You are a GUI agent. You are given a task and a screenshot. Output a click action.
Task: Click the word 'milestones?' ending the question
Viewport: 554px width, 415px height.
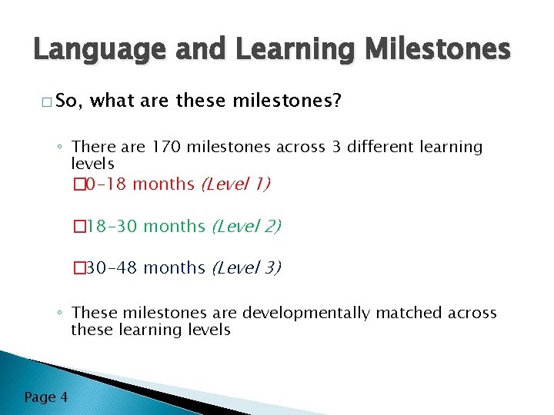click(298, 101)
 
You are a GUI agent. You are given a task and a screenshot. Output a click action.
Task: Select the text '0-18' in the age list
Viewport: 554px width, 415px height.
click(106, 184)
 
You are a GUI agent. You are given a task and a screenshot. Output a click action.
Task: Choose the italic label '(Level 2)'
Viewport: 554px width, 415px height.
click(245, 227)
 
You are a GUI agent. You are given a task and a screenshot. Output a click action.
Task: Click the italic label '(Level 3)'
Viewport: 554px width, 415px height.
click(245, 268)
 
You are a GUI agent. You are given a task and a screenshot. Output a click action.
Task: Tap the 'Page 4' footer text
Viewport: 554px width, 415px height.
click(45, 397)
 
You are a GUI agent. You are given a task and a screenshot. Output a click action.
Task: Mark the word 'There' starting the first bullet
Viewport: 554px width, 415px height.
click(92, 147)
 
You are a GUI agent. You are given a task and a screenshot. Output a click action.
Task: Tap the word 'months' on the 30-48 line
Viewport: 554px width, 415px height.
click(174, 268)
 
